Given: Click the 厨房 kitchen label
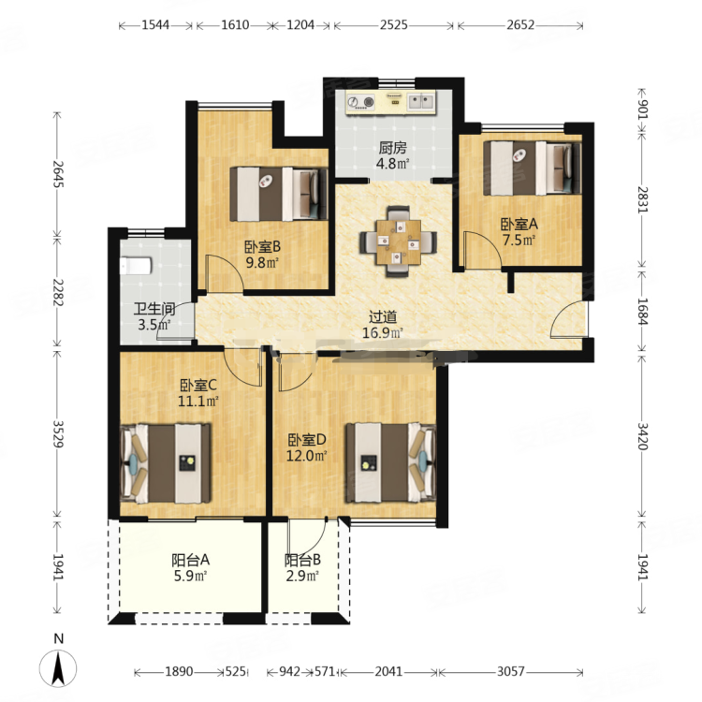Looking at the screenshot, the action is point(392,147).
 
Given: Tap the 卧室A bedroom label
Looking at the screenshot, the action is point(519,224).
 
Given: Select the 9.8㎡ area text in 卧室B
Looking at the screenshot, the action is point(262,262).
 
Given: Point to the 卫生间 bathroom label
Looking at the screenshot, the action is point(154,309).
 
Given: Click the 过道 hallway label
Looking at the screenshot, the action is point(383,317).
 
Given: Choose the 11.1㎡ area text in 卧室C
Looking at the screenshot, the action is point(197,402).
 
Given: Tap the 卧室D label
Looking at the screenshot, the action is point(307,440).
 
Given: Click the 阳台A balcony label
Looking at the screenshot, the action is point(191,560).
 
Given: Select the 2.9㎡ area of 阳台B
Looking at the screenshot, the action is point(302,576).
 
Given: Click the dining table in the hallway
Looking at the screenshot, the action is point(399,241).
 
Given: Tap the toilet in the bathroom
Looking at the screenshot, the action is point(136,266).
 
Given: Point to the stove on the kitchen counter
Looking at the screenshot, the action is point(361,103).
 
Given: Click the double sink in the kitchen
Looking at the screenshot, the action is point(421,102).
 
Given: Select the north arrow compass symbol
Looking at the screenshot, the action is point(58,662).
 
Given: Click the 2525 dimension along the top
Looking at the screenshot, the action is point(394,25).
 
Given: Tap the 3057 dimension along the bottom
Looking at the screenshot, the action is point(511,671).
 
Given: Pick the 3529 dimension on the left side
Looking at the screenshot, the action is point(58,433).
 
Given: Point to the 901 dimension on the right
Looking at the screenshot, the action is point(642,109).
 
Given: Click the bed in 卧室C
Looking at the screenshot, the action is point(166,463).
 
